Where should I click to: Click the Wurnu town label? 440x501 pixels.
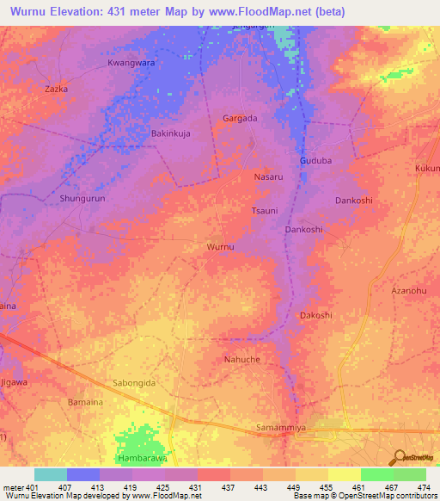point(221,247)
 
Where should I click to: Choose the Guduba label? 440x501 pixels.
point(315,161)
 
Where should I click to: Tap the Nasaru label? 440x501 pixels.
point(269,176)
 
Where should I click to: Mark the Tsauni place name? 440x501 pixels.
point(263,211)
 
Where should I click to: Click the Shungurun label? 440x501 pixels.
point(82,199)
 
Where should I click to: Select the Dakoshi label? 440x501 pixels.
point(315,316)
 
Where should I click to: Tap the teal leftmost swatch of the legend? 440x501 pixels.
point(51,474)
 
